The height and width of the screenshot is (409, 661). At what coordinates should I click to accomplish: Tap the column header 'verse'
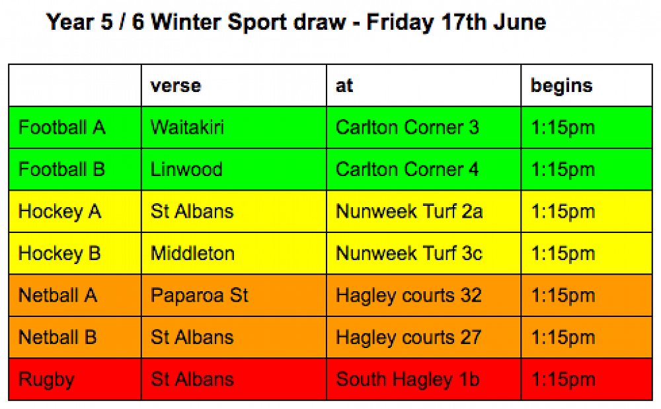pos(176,85)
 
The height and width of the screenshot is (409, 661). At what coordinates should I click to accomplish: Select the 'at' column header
pos(344,85)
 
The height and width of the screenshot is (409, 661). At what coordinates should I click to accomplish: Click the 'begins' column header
pos(561,86)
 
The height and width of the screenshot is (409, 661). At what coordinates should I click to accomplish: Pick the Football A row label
pos(62,128)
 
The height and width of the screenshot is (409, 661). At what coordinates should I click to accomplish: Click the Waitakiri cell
pos(187,128)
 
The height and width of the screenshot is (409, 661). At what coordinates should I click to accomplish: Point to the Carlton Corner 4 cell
pos(407,169)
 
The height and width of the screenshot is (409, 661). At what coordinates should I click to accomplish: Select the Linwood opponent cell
pos(186,169)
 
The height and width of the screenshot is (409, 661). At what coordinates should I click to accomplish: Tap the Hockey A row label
pos(60,212)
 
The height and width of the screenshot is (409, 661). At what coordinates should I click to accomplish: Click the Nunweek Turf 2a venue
pos(409,211)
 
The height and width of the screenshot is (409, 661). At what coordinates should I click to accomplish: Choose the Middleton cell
pos(192,253)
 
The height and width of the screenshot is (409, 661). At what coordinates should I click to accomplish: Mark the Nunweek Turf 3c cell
pos(409,253)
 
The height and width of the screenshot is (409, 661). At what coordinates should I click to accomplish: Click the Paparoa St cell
pos(200,295)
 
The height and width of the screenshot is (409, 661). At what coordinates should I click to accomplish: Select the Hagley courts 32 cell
pos(408,295)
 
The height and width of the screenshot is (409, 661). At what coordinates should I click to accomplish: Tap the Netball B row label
pos(58,338)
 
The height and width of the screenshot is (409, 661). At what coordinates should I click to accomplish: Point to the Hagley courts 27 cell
pos(408,338)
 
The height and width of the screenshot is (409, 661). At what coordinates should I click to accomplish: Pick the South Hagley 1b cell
pos(408,379)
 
